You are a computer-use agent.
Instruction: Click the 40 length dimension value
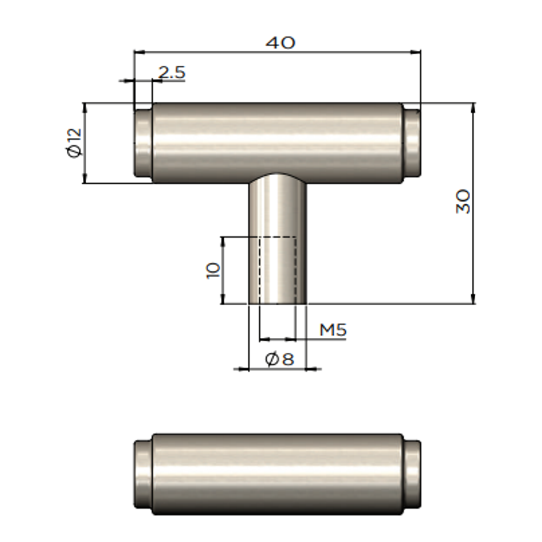(x=281, y=43)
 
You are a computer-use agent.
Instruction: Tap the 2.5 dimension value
(x=172, y=72)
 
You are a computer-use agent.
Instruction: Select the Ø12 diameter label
(x=75, y=143)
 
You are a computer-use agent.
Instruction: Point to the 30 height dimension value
(x=463, y=202)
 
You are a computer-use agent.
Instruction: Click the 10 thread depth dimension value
(x=213, y=270)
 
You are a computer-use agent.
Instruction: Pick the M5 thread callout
(x=333, y=330)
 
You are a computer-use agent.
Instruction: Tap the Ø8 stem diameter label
(x=280, y=359)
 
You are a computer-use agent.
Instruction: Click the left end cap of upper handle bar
(x=143, y=143)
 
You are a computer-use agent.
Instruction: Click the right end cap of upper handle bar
(x=412, y=143)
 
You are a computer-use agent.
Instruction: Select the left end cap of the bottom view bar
(x=143, y=474)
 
